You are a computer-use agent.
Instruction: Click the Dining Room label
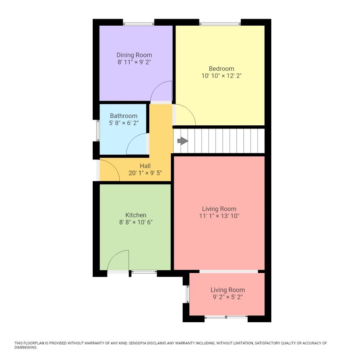[x=134, y=55]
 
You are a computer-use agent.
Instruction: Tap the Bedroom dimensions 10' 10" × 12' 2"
[x=221, y=76]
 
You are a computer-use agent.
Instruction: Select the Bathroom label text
[x=123, y=116]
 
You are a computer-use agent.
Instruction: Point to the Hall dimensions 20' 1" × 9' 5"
[x=145, y=173]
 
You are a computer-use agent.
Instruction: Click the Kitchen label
[x=136, y=215]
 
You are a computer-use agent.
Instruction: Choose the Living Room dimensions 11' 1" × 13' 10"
[x=219, y=216]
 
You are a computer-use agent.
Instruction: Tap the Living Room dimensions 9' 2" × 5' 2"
[x=227, y=297]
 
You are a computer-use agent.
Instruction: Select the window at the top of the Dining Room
[x=139, y=24]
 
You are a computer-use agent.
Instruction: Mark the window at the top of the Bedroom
[x=220, y=24]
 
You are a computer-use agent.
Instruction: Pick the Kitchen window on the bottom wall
[x=144, y=272]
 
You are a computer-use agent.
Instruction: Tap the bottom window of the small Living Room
[x=226, y=317]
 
